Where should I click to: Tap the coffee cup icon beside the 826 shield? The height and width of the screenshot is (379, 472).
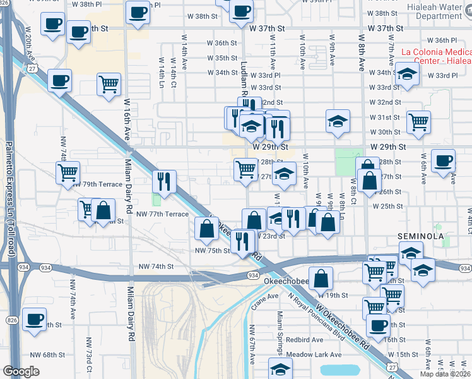(x=33, y=318)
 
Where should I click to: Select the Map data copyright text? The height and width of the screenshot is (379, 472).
(x=445, y=374)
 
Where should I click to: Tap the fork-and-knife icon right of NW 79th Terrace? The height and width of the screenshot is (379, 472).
(x=164, y=181)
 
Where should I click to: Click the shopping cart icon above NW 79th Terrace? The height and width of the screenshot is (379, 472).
(x=68, y=171)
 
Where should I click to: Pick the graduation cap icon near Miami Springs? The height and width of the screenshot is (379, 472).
(x=280, y=369)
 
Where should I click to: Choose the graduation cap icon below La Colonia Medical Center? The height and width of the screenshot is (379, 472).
(x=408, y=76)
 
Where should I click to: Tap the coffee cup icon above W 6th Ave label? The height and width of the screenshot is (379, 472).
(x=442, y=160)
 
